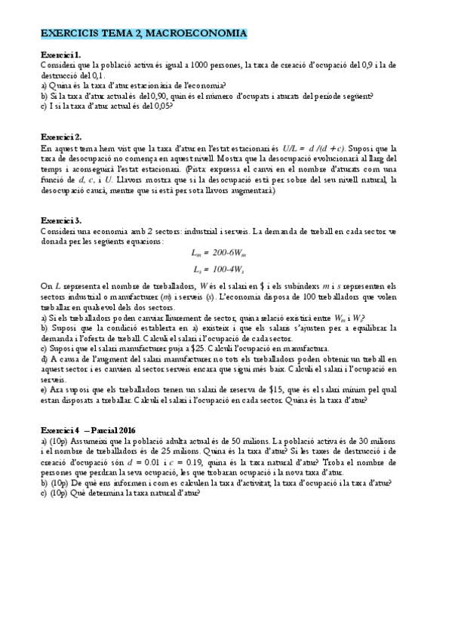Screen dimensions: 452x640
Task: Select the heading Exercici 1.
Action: pos(60,56)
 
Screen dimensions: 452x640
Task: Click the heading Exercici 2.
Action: pos(61,137)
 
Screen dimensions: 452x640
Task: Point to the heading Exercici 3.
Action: pos(61,219)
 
